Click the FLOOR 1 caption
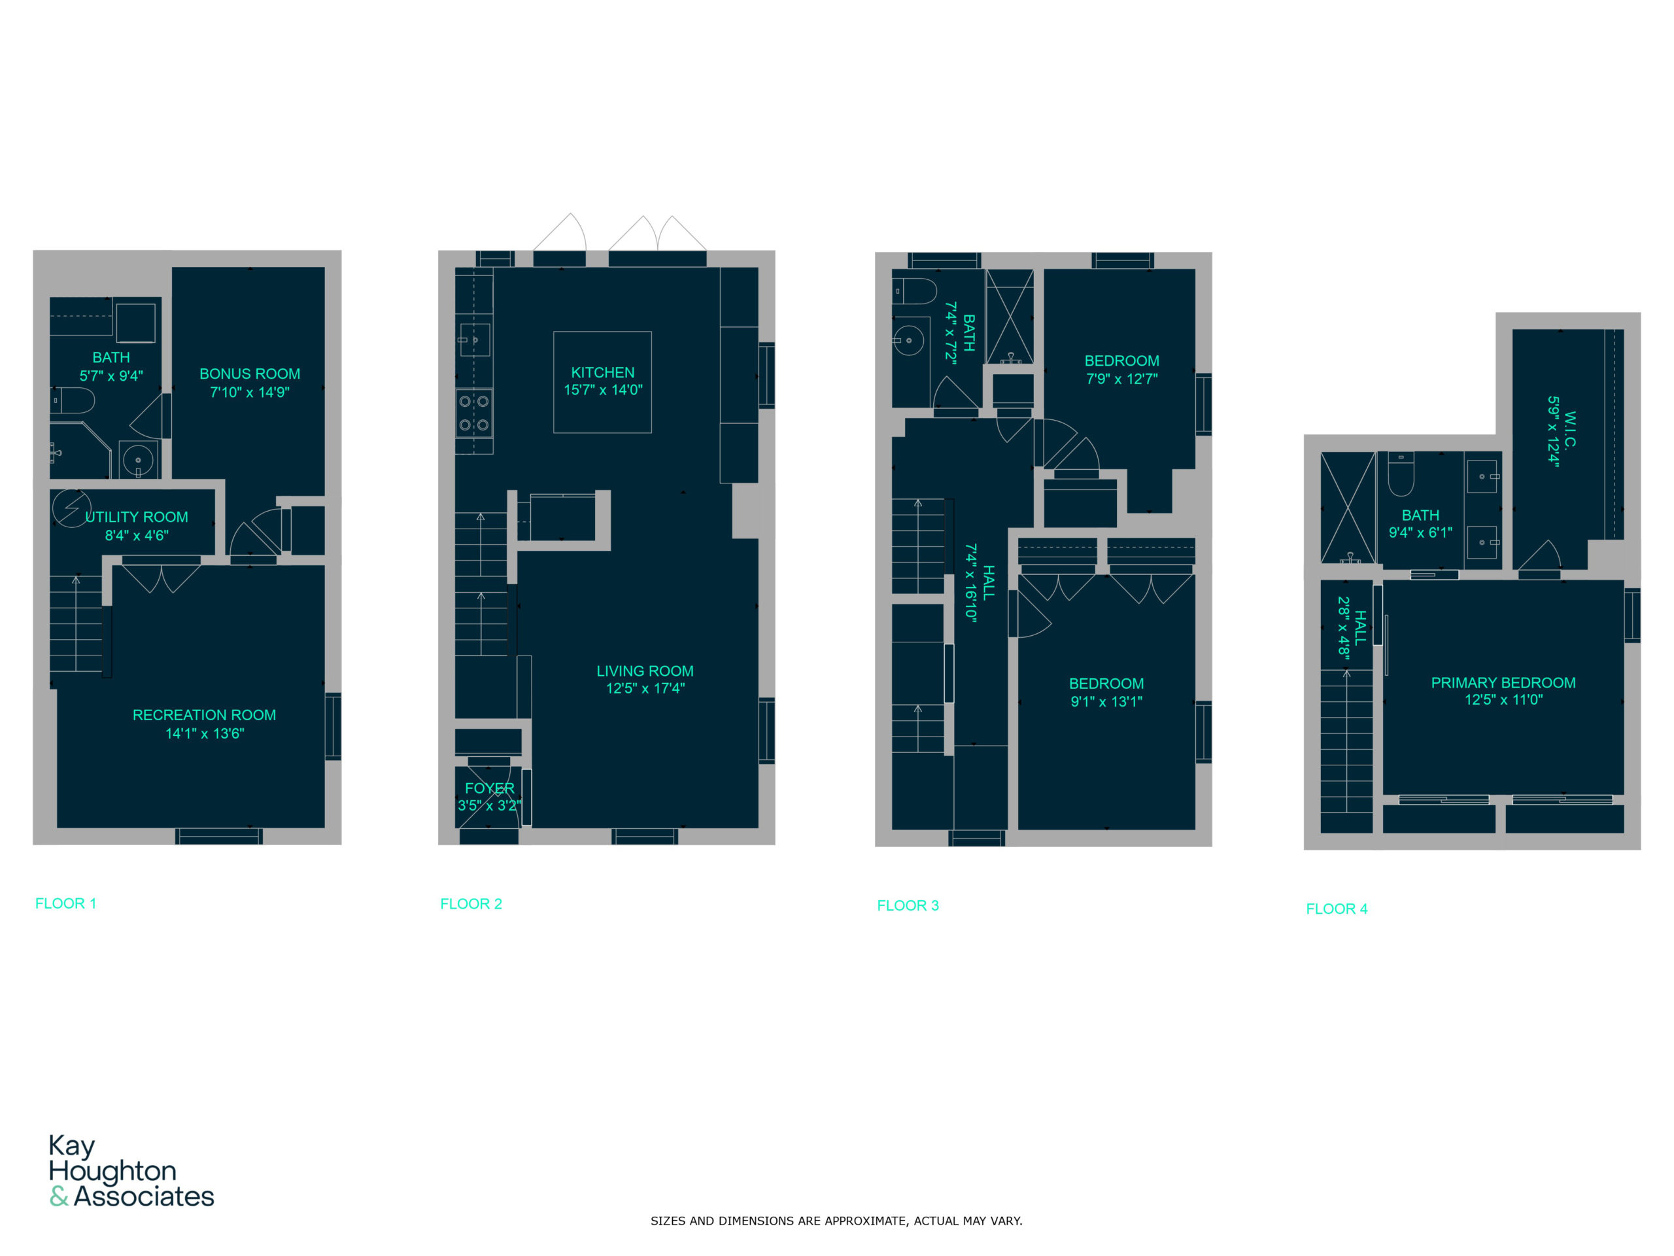66,903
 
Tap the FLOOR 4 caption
1337,909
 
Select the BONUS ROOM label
250,374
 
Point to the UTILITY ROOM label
137,517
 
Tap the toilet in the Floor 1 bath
73,400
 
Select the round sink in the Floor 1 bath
138,459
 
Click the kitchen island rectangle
602,382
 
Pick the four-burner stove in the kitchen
473,413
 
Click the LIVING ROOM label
645,671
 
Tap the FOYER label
490,788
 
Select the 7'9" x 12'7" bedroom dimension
1121,379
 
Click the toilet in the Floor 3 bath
915,290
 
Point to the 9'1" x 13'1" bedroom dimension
1106,702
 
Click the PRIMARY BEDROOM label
1503,683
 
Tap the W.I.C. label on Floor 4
1570,431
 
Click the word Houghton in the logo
112,1170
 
